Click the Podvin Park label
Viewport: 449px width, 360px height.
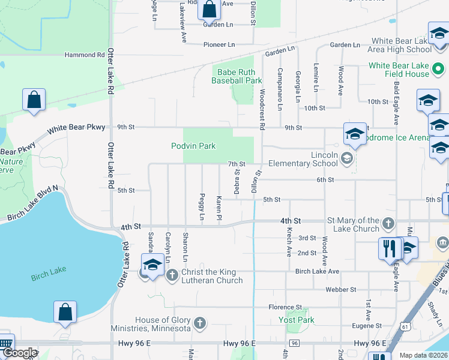coord(193,146)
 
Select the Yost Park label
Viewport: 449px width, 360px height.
coord(297,320)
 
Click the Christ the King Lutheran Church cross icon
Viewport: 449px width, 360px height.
coord(172,275)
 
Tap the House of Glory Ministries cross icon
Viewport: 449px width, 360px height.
coord(200,324)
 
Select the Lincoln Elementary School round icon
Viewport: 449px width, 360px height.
coord(346,158)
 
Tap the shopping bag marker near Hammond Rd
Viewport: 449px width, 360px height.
coord(34,100)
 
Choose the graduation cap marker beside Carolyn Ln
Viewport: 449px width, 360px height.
coord(152,265)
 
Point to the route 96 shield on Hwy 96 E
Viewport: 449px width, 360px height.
coord(294,343)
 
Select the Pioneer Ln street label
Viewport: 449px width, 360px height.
coord(219,44)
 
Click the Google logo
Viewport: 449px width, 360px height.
coord(20,353)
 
